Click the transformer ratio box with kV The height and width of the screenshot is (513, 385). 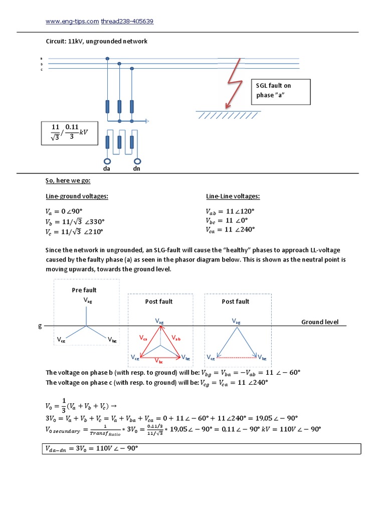[70, 133]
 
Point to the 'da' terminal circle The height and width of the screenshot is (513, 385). [107, 161]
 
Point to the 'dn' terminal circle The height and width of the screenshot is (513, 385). [136, 161]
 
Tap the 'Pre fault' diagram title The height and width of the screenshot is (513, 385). [84, 290]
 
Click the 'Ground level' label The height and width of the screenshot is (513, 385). [320, 322]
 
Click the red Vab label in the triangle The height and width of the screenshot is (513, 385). [175, 339]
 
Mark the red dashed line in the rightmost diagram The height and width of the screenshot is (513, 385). [237, 357]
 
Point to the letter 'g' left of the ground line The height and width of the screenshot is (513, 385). [40, 326]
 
